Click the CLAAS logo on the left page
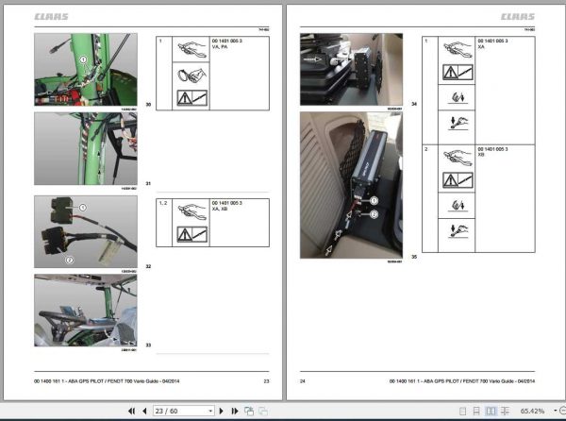[52, 16]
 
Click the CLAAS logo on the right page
[517, 16]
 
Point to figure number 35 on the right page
[413, 255]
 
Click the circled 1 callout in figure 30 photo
[83, 59]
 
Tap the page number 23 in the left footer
[266, 380]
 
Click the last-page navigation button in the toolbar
[235, 411]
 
